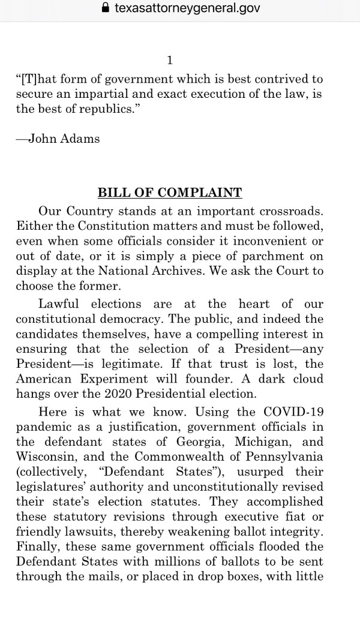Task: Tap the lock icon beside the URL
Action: pyautogui.click(x=106, y=8)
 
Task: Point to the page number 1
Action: pyautogui.click(x=170, y=60)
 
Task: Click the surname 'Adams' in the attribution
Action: pyautogui.click(x=80, y=139)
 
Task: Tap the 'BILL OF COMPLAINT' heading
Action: pyautogui.click(x=170, y=193)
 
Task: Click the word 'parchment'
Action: pyautogui.click(x=284, y=256)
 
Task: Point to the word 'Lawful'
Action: pyautogui.click(x=60, y=304)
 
